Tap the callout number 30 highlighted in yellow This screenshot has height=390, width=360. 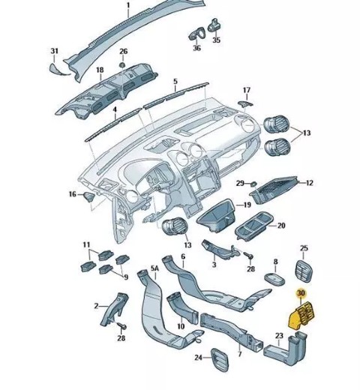(x=301, y=292)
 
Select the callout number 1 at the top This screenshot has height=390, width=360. (x=128, y=5)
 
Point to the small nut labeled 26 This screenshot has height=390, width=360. (x=122, y=64)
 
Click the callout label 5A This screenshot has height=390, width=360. (x=154, y=268)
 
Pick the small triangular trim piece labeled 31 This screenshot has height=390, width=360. (x=59, y=70)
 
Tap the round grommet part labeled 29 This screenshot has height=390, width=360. (x=253, y=184)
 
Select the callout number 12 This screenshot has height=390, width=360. (x=310, y=183)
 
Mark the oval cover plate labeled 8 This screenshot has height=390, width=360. (x=274, y=279)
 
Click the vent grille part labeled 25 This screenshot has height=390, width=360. (x=304, y=271)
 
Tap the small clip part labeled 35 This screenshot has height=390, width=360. (x=214, y=25)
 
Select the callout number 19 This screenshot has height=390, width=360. (x=247, y=205)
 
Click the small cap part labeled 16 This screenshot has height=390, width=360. (x=90, y=196)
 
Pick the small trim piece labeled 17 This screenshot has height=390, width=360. (x=245, y=103)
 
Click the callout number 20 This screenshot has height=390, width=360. (x=281, y=226)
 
